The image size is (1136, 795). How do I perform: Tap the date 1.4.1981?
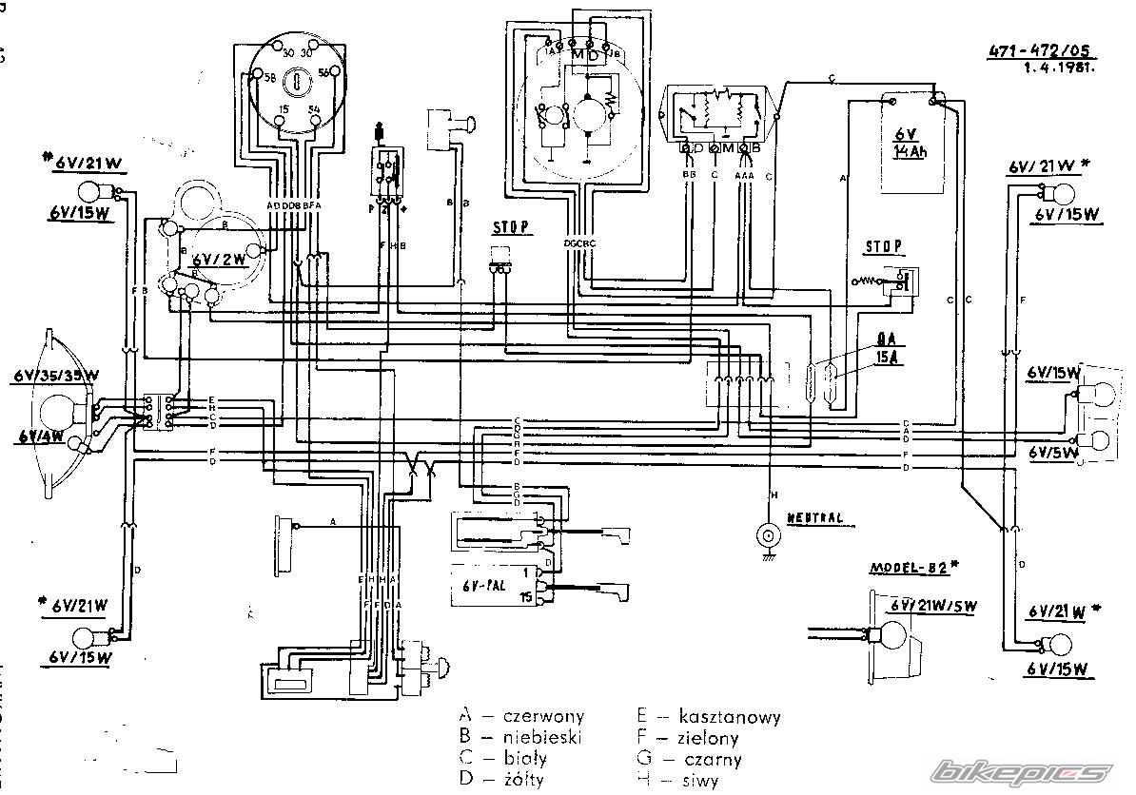coord(1059,68)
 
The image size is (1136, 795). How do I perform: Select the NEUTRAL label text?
coord(814,518)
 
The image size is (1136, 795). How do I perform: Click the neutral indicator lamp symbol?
coord(767,536)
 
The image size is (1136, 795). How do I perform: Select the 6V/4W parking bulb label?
coord(39,437)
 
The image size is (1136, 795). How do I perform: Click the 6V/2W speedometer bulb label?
coord(220,259)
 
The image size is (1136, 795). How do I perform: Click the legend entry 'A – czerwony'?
coord(521,716)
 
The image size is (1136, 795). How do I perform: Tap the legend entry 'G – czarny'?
coord(693,759)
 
